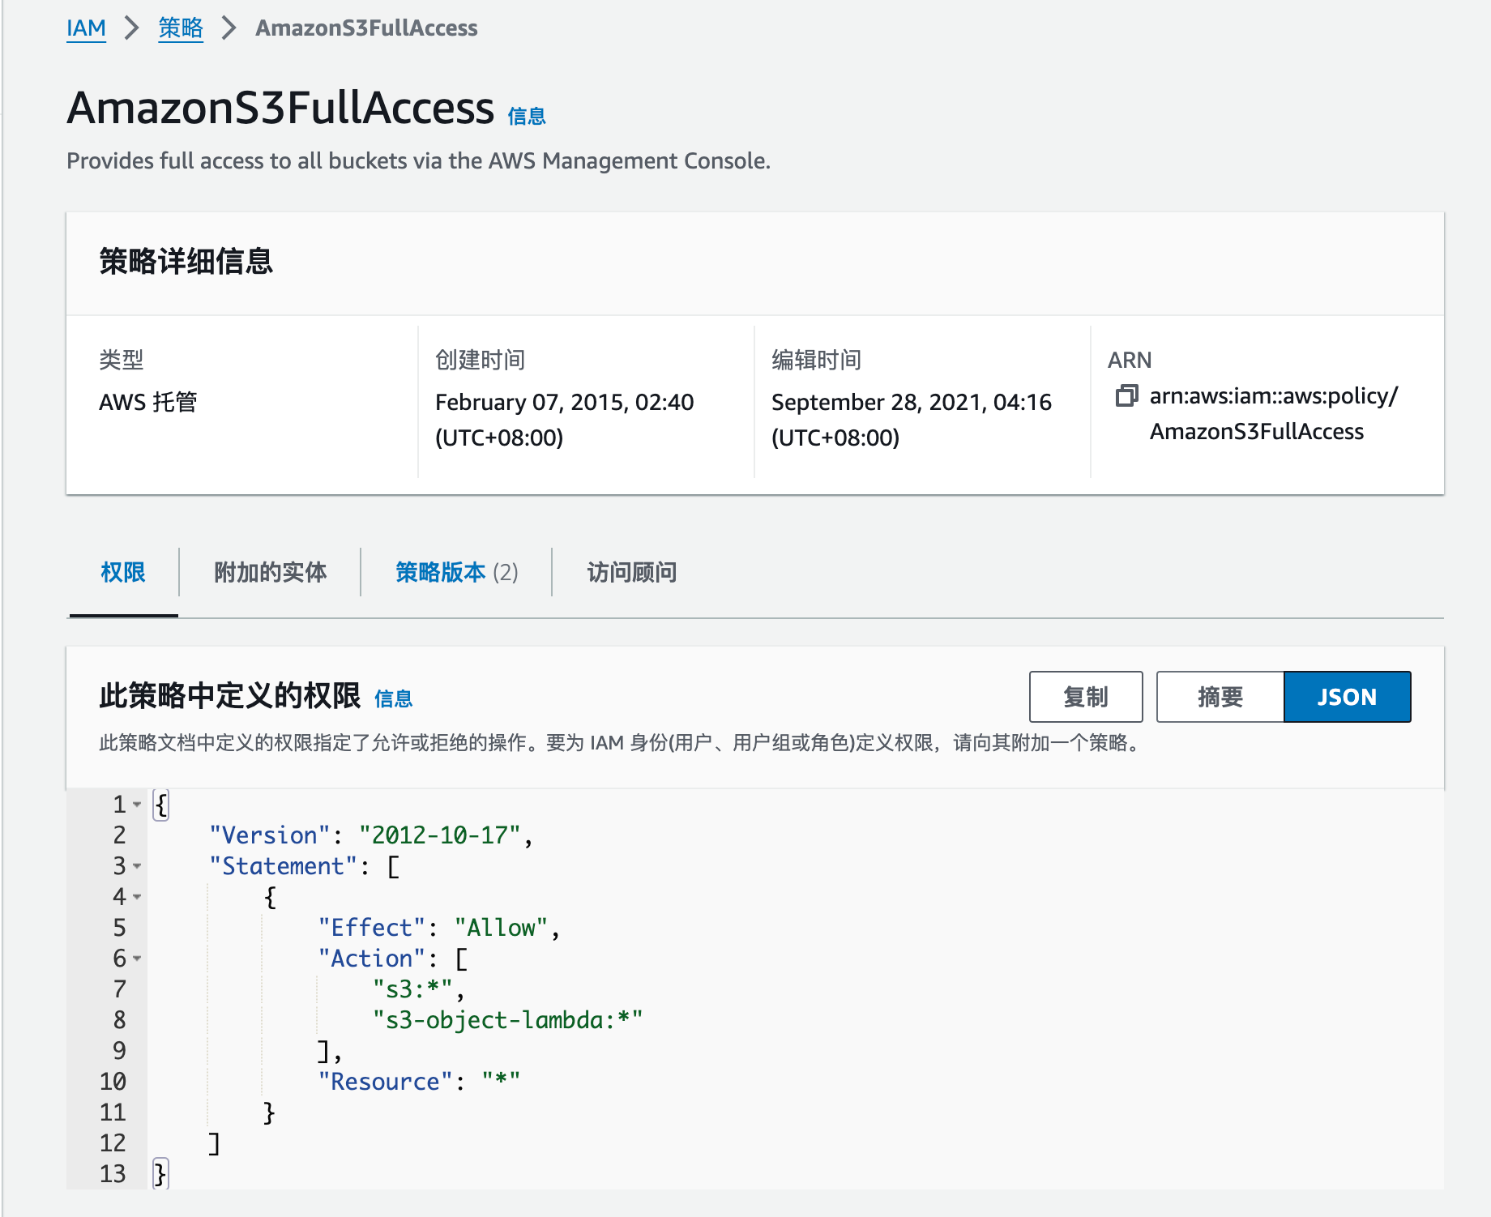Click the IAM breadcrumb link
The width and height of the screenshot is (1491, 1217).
coord(86,28)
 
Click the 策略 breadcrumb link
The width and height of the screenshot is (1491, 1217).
coord(181,28)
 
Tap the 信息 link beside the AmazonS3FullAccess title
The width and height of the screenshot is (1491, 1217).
coord(527,117)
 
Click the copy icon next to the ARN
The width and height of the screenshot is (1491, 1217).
coord(1127,395)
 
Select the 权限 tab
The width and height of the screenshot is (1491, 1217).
coord(123,572)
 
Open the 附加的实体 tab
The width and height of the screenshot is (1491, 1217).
coord(270,572)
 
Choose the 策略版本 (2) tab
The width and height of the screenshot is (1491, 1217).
coord(457,572)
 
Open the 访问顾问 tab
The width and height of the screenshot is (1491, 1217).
coord(632,572)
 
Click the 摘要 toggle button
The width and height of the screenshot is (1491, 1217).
coord(1220,697)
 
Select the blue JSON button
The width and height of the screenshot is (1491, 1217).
coord(1348,697)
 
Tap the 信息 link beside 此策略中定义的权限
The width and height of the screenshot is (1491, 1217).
coord(394,698)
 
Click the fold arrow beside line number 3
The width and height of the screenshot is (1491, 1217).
coord(137,866)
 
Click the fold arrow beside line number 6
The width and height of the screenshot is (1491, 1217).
coord(137,959)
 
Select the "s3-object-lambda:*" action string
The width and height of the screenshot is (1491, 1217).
coord(508,1020)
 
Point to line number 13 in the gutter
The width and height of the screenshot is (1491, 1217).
coord(113,1174)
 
